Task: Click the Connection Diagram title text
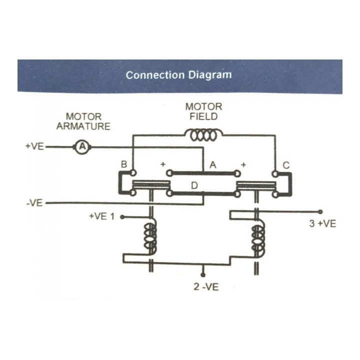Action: (178, 75)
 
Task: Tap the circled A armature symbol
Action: (82, 146)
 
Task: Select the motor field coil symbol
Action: (203, 135)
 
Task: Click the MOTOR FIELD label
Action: (203, 111)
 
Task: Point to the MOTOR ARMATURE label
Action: (83, 121)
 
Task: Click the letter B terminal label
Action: (124, 164)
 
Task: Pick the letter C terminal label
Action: (286, 165)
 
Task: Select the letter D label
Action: (194, 185)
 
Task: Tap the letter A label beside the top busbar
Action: (213, 165)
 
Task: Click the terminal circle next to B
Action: (133, 173)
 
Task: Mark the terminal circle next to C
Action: (275, 174)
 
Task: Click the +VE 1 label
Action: (101, 216)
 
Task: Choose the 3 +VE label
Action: (322, 223)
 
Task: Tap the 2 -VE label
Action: (206, 287)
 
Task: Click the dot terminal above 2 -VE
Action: (202, 275)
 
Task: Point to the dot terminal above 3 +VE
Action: (320, 211)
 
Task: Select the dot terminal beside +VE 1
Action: (122, 217)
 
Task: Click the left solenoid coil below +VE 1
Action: (150, 236)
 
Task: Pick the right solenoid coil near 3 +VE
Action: (258, 239)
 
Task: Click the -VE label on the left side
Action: (34, 203)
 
